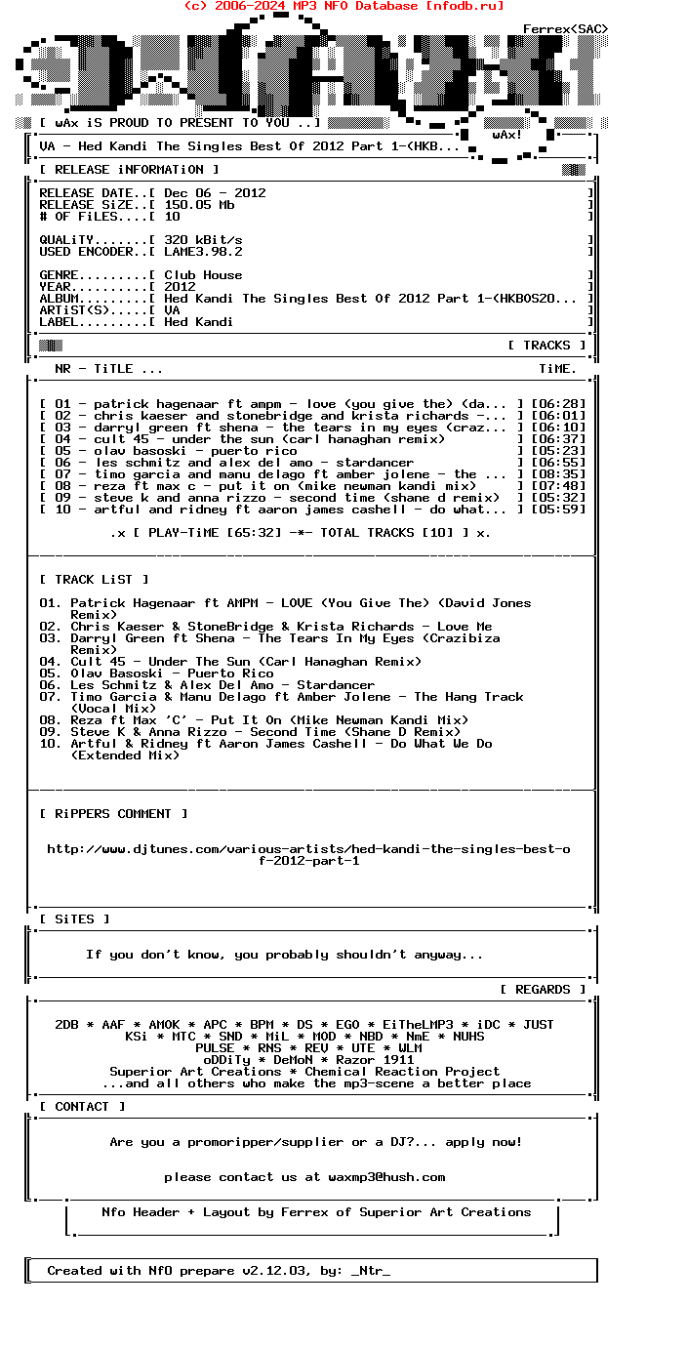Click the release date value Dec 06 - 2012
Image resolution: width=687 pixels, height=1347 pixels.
[x=215, y=193]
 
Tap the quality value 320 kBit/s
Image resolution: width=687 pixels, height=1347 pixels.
[x=203, y=240]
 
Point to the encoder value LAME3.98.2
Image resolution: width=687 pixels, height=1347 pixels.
[x=203, y=252]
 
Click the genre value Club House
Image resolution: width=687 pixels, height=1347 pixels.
[x=203, y=275]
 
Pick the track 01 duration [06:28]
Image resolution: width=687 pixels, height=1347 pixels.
[x=558, y=404]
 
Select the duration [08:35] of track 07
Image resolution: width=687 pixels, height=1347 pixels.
[x=558, y=474]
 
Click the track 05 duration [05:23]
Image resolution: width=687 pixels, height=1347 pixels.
[x=558, y=451]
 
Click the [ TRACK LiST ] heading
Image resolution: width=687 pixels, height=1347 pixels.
[x=94, y=580]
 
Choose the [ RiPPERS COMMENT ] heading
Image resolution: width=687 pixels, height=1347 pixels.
[x=113, y=814]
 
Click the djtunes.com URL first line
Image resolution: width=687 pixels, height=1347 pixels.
[x=308, y=849]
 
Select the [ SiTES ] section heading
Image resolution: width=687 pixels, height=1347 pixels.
[x=74, y=919]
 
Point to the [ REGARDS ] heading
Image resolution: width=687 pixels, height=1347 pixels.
[x=543, y=990]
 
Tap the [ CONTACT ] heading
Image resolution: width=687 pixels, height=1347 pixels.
[x=82, y=1107]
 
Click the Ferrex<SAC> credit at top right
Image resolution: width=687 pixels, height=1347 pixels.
[x=566, y=29]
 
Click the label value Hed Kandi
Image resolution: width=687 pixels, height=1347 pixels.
[x=199, y=322]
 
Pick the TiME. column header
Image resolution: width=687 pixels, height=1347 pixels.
[x=558, y=369]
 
